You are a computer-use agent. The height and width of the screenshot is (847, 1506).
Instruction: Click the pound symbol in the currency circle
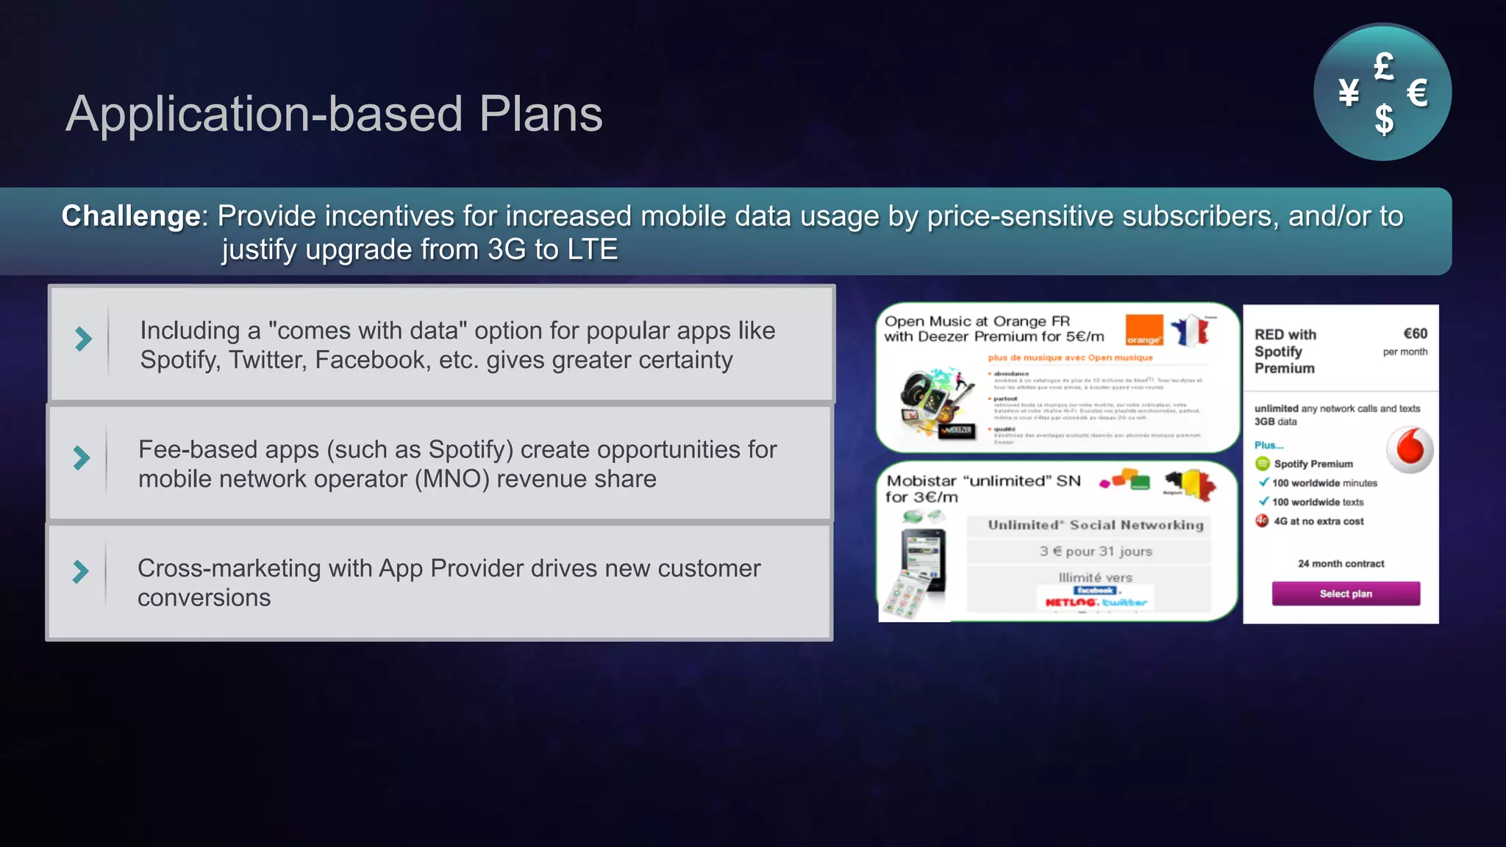[x=1383, y=67]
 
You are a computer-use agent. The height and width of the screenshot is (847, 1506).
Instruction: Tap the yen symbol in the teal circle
[x=1349, y=93]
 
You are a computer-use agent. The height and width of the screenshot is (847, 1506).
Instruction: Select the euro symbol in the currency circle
[x=1417, y=93]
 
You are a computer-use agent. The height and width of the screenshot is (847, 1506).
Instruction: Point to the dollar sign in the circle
[x=1384, y=119]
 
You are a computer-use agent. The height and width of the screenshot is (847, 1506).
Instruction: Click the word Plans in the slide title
[x=540, y=115]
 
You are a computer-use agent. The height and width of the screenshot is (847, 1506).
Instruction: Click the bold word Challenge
[x=131, y=216]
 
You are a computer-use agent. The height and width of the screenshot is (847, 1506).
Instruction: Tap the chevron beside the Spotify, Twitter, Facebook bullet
[x=83, y=339]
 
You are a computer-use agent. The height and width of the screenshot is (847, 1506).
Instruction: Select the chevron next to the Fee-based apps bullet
[x=82, y=458]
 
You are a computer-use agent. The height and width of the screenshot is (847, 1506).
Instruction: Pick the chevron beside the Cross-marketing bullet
[x=81, y=571]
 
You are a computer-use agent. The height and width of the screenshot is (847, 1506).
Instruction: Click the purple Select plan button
[x=1346, y=594]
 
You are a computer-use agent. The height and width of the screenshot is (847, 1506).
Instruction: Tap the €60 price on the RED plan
[x=1415, y=334]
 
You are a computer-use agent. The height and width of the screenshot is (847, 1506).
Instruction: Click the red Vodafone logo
[x=1410, y=448]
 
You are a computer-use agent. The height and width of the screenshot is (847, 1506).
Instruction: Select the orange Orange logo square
[x=1144, y=330]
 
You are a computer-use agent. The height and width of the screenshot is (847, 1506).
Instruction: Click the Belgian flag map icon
[x=1191, y=484]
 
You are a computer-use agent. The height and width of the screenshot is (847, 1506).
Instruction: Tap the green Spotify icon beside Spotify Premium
[x=1263, y=464]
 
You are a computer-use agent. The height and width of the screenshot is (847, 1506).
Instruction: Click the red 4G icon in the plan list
[x=1263, y=521]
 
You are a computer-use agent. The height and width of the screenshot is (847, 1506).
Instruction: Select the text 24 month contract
[x=1341, y=564]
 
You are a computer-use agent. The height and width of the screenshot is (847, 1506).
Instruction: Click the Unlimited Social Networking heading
[x=1095, y=525]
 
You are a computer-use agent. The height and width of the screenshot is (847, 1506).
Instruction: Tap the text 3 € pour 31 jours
[x=1095, y=551]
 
